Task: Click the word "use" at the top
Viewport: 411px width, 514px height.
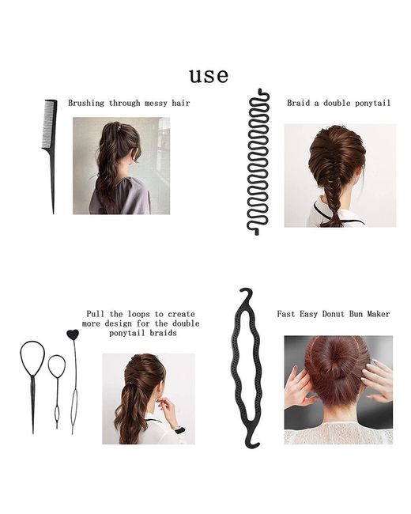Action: click(x=209, y=76)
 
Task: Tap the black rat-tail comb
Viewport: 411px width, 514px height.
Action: click(x=51, y=138)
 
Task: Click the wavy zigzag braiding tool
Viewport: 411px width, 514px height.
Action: click(x=258, y=161)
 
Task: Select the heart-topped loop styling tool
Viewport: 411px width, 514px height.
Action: click(x=74, y=380)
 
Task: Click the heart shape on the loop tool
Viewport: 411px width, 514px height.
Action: click(x=73, y=334)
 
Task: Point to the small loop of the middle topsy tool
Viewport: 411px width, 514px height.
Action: click(x=57, y=366)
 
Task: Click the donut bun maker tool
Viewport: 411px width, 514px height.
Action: click(x=248, y=367)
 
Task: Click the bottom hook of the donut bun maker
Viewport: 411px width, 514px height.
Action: click(x=251, y=441)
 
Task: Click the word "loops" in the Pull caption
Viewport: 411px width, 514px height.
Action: click(x=138, y=314)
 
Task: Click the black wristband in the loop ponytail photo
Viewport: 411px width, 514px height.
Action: click(x=180, y=429)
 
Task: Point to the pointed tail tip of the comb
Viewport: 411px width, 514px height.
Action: click(x=54, y=214)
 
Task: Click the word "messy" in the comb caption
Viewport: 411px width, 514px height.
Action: click(x=156, y=104)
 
